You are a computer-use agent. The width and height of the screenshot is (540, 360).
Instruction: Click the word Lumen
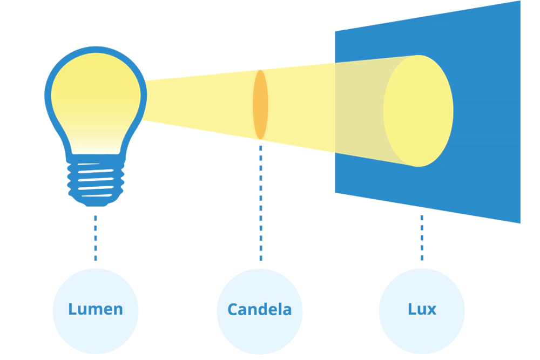96,309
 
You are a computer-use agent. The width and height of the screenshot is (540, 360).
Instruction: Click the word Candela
259,309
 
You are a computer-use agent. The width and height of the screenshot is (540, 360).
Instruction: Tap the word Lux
422,309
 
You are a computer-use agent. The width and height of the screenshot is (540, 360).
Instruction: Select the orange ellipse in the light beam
260,104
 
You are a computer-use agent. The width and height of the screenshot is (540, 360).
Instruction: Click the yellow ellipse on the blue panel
418,111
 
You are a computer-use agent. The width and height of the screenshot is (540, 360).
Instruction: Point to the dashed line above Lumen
96,237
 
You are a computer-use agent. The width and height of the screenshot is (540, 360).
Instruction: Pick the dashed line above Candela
260,200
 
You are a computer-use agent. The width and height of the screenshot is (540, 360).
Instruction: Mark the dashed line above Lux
422,237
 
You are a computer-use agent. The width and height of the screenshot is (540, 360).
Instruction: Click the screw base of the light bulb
96,181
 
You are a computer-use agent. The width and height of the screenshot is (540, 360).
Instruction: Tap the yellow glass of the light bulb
96,97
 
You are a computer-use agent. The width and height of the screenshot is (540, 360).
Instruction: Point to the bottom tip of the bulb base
96,205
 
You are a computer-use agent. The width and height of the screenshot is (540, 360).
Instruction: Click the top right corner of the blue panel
519,2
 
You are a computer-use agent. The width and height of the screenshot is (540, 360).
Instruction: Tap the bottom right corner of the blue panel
519,222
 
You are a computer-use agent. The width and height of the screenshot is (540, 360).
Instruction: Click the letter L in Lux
411,309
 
